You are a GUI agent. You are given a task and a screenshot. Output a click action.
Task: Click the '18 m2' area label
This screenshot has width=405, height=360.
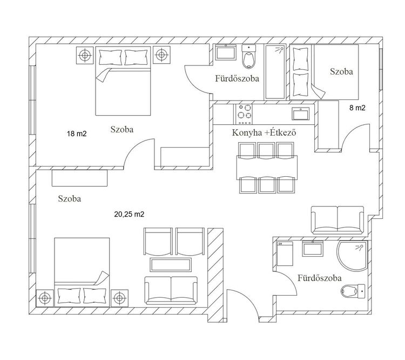[x=77, y=134]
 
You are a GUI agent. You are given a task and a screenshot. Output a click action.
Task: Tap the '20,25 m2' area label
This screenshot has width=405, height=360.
[x=129, y=214]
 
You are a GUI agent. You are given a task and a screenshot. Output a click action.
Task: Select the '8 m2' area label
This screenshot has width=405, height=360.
[x=357, y=108]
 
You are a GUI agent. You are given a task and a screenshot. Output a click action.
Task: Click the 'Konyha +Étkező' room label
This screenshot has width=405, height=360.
[x=264, y=132]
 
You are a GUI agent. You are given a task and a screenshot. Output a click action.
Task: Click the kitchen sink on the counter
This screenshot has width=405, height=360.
[x=301, y=114]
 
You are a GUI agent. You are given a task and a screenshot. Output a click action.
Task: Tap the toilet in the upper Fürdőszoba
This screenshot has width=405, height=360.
[x=248, y=57]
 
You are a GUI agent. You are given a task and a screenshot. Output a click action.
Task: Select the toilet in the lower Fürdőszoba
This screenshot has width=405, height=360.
[x=353, y=291]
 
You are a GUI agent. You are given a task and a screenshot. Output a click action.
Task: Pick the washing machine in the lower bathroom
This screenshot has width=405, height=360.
[x=285, y=254]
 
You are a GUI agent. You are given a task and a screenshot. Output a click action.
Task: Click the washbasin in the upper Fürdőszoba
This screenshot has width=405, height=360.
[x=226, y=52]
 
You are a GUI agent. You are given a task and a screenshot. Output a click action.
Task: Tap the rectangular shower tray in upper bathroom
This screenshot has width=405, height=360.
[x=275, y=72]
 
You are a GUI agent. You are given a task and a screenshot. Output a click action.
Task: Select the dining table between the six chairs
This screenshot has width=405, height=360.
[x=267, y=168]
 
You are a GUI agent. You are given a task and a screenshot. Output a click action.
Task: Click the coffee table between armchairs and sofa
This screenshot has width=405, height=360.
[x=171, y=264]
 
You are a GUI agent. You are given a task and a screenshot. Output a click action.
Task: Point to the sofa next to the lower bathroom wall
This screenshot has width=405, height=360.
[x=338, y=220]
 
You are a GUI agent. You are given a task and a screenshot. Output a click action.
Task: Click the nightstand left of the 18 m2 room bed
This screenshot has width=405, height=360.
[x=85, y=55]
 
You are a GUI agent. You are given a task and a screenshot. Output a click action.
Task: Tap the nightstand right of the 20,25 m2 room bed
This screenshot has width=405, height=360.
[x=119, y=298]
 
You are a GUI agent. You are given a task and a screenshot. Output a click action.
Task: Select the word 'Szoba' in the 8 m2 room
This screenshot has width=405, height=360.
[x=341, y=71]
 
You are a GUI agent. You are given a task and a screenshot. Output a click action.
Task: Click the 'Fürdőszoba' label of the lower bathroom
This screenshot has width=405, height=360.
[x=320, y=278]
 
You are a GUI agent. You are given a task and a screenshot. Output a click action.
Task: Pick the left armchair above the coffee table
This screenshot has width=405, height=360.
[x=158, y=242]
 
